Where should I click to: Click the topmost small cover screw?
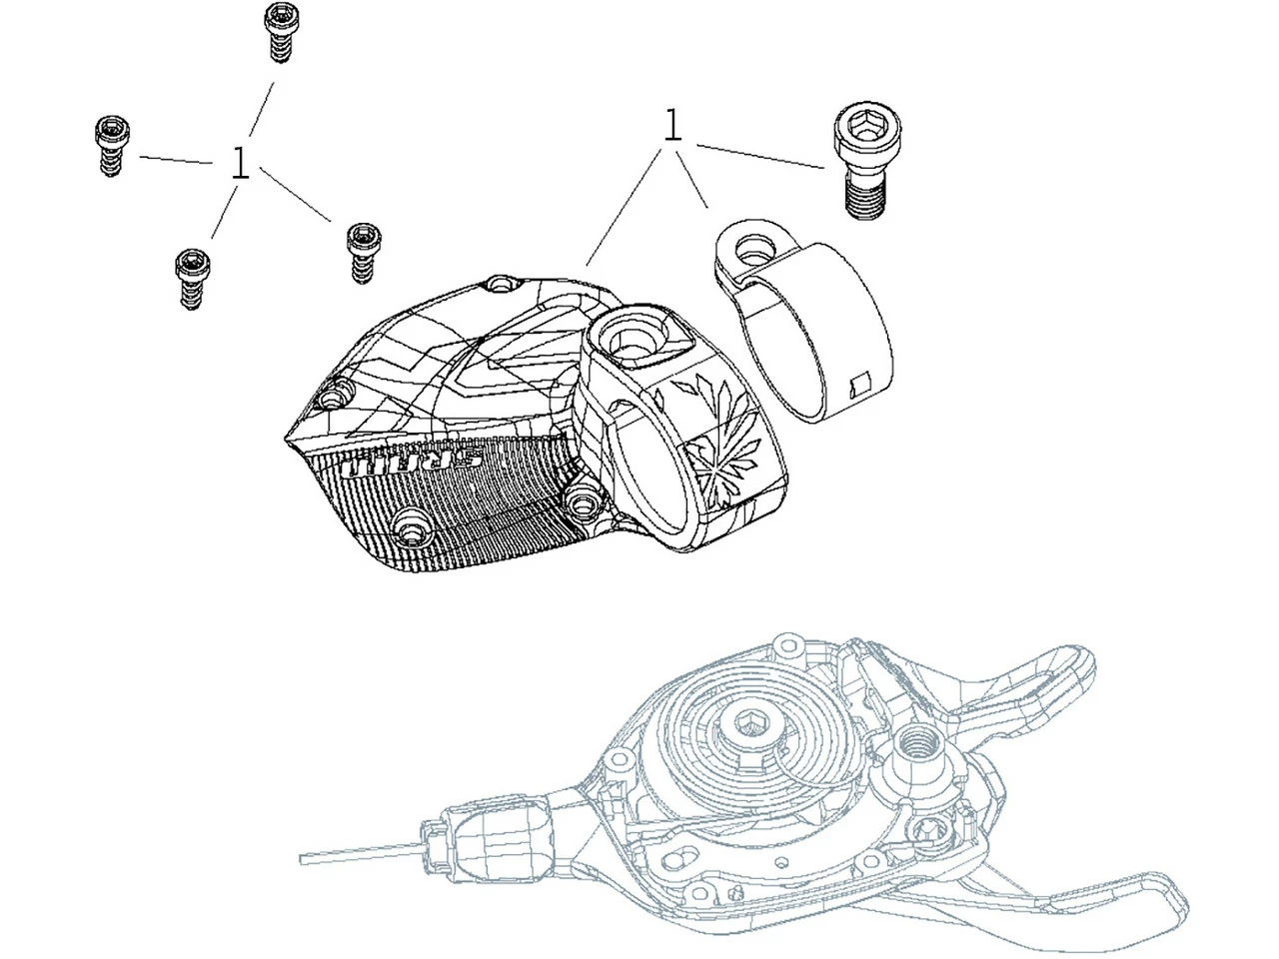[x=282, y=32]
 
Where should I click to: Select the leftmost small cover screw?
[x=111, y=146]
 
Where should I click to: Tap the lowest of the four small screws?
[x=192, y=279]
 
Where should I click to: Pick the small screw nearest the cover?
[x=364, y=253]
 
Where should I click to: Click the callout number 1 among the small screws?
[x=240, y=163]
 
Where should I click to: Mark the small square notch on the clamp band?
[x=859, y=385]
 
